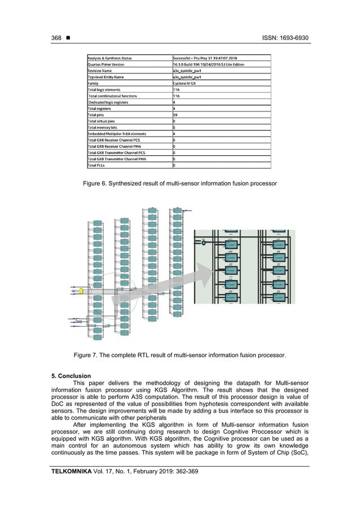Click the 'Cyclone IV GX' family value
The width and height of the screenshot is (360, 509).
(x=189, y=82)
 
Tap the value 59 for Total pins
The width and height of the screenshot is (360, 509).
(x=175, y=115)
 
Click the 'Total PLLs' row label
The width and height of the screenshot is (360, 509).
(x=99, y=165)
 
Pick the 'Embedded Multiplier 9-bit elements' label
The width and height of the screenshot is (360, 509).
(x=116, y=134)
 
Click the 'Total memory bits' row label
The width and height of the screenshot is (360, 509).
(x=105, y=128)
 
